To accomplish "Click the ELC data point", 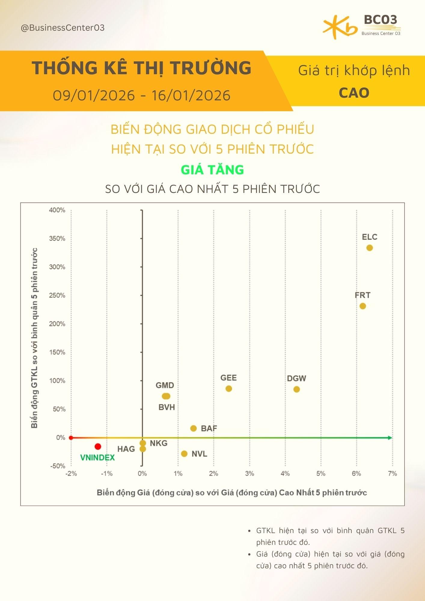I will (x=369, y=248).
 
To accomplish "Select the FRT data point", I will (x=363, y=306).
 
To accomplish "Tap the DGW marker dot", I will (x=296, y=389).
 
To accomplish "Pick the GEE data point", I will (x=229, y=389).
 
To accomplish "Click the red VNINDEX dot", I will (x=98, y=447).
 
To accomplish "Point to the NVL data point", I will (x=184, y=454).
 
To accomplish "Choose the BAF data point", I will (x=194, y=428).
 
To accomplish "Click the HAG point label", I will (x=126, y=449).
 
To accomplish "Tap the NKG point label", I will (x=158, y=443).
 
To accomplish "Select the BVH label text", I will (x=167, y=407).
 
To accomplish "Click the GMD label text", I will (x=165, y=385).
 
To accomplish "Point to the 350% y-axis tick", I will (x=57, y=239).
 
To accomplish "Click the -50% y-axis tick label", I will (x=57, y=466).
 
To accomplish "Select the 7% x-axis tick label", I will (x=392, y=474).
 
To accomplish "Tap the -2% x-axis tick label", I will (x=71, y=474).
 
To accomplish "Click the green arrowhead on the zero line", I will (x=390, y=438).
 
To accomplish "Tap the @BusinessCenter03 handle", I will (x=63, y=28).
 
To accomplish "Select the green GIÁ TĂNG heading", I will (x=212, y=170).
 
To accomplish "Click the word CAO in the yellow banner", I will (x=354, y=93).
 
